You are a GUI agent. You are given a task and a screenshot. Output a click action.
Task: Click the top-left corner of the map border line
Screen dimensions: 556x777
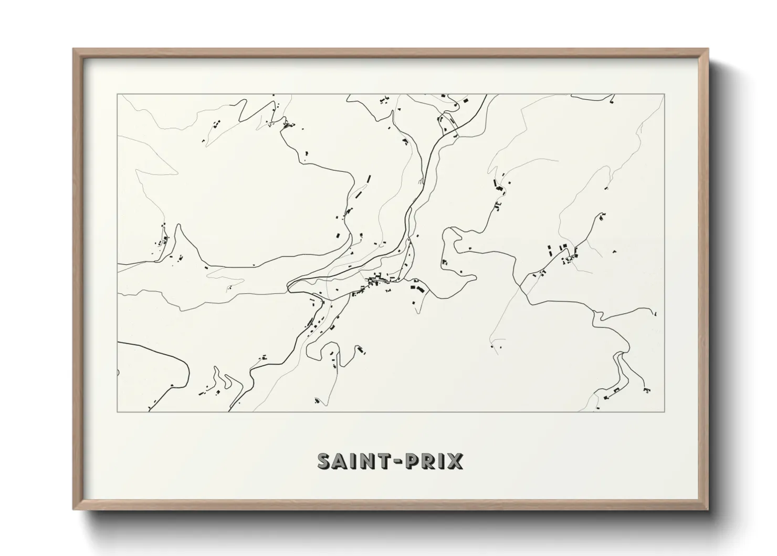tap(117, 95)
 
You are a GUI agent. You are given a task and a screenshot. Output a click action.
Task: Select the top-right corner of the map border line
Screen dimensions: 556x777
tap(665, 95)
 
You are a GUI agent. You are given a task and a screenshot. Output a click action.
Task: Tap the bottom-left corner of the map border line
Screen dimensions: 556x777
tap(117, 411)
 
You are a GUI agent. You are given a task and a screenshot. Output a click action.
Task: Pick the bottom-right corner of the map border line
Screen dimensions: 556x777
tap(665, 411)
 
